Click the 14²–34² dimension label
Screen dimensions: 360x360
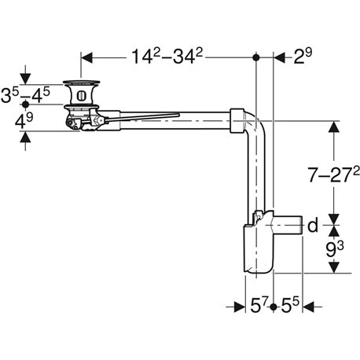[x=167, y=57]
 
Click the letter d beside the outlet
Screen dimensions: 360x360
[x=313, y=226]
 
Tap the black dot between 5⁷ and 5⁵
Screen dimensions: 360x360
[x=272, y=307]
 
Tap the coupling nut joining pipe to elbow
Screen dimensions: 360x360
[x=237, y=118]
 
